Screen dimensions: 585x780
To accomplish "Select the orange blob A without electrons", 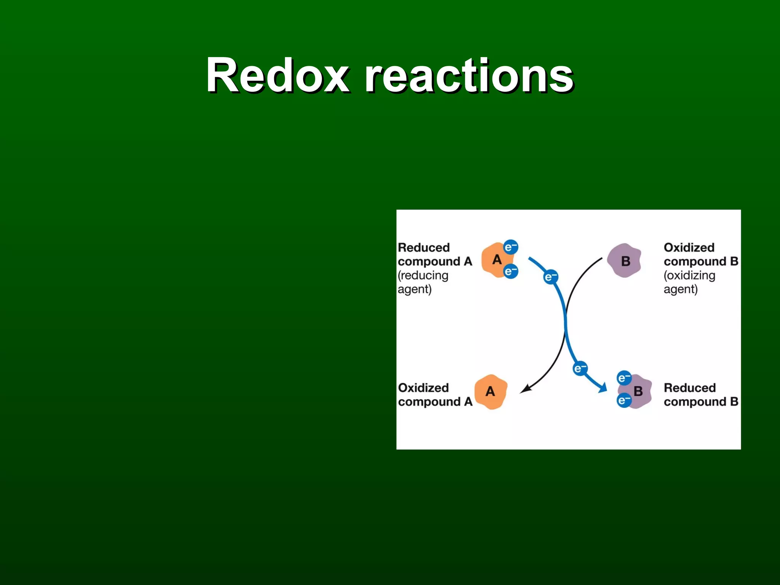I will click(x=491, y=392).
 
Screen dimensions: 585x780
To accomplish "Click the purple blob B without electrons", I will click(x=625, y=261).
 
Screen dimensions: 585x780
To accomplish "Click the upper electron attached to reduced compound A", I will click(x=511, y=247).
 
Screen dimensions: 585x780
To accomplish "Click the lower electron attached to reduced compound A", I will click(x=511, y=272).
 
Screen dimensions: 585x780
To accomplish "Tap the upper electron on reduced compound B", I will click(x=624, y=378).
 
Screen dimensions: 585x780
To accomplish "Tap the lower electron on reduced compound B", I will click(x=624, y=401).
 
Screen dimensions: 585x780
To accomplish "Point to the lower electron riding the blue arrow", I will click(x=580, y=368).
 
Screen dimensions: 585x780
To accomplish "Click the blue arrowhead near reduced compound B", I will click(x=603, y=388).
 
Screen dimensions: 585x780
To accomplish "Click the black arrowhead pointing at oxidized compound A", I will click(x=525, y=389).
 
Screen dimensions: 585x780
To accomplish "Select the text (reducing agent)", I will click(x=423, y=282).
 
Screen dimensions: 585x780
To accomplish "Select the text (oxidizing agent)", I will click(x=689, y=282).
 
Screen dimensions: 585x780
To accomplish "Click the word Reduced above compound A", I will click(x=424, y=248).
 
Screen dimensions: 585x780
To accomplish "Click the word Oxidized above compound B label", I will click(x=689, y=248).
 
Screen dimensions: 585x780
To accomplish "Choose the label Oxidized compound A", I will click(x=435, y=395).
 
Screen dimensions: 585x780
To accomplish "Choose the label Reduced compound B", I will click(x=701, y=395).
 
